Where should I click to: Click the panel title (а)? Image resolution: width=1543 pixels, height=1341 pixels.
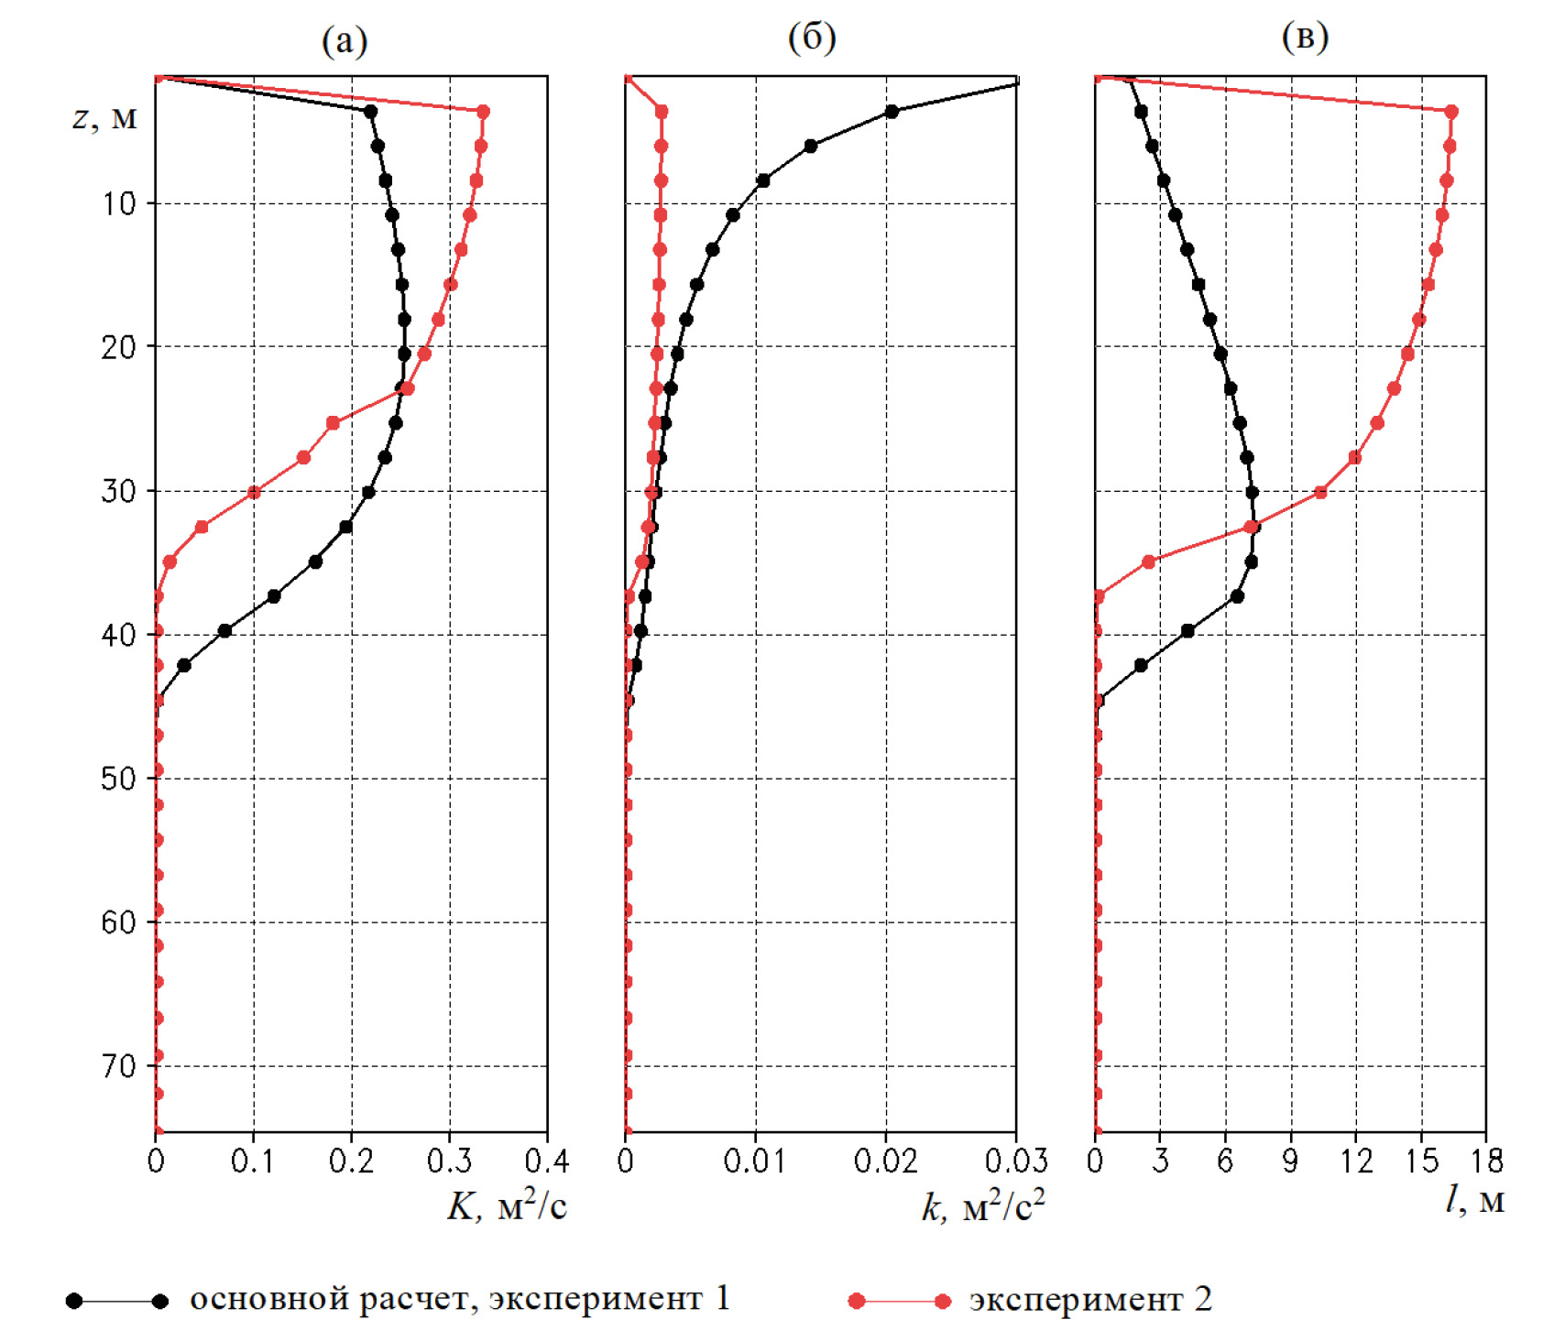[345, 41]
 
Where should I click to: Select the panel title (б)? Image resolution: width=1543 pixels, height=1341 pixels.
[812, 38]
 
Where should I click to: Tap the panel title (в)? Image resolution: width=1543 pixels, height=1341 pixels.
[1305, 38]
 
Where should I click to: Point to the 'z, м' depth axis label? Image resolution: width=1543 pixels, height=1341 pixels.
[104, 118]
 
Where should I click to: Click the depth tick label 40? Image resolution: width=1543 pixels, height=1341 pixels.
[118, 635]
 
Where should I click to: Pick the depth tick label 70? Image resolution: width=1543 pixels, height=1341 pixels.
[118, 1066]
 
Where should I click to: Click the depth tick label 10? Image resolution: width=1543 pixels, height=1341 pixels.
[118, 203]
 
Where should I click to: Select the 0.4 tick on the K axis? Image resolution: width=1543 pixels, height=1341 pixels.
[546, 1161]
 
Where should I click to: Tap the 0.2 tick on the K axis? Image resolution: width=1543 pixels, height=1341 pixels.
[351, 1161]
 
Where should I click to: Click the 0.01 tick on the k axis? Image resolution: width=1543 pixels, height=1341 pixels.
[755, 1161]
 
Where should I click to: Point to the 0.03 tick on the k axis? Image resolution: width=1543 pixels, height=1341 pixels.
[1015, 1161]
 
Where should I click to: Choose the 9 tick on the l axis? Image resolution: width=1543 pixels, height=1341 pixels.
[1290, 1161]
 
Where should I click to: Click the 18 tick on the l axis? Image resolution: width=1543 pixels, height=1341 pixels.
[1486, 1161]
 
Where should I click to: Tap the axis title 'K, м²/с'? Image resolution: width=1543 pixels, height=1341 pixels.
[507, 1207]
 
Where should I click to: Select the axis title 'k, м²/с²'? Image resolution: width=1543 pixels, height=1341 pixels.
[983, 1207]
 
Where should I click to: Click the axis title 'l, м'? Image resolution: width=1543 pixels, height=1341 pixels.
[1474, 1200]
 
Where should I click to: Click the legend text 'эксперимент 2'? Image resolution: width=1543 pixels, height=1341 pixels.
[1090, 1299]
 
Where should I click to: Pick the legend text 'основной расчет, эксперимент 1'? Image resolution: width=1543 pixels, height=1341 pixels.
[460, 1299]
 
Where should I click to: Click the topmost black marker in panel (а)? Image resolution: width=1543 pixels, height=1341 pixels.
[370, 112]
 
